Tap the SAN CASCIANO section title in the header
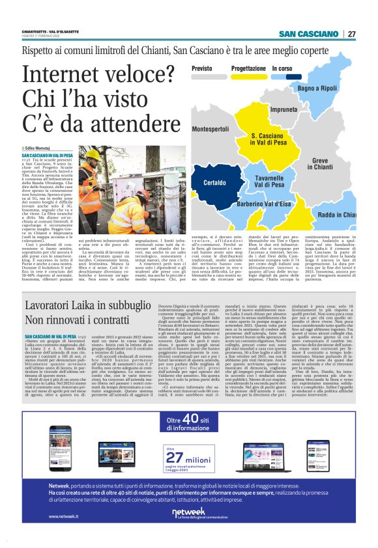(310, 34)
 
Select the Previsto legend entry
(202, 68)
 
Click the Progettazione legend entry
(248, 68)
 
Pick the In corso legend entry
(282, 68)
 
